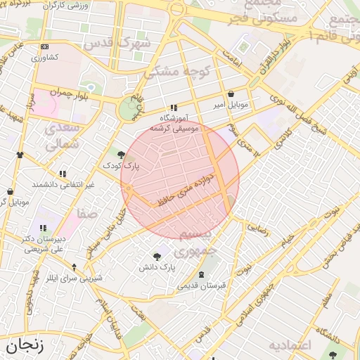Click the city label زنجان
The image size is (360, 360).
click(25, 346)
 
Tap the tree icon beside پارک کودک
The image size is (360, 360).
click(122, 154)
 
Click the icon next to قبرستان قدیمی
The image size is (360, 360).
click(202, 274)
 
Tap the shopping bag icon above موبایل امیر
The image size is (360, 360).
click(231, 94)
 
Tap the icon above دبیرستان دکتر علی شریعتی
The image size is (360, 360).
click(43, 228)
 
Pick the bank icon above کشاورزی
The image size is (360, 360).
click(46, 46)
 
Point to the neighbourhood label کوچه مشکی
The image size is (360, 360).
click(169, 72)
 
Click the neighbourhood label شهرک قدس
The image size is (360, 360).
click(117, 43)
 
